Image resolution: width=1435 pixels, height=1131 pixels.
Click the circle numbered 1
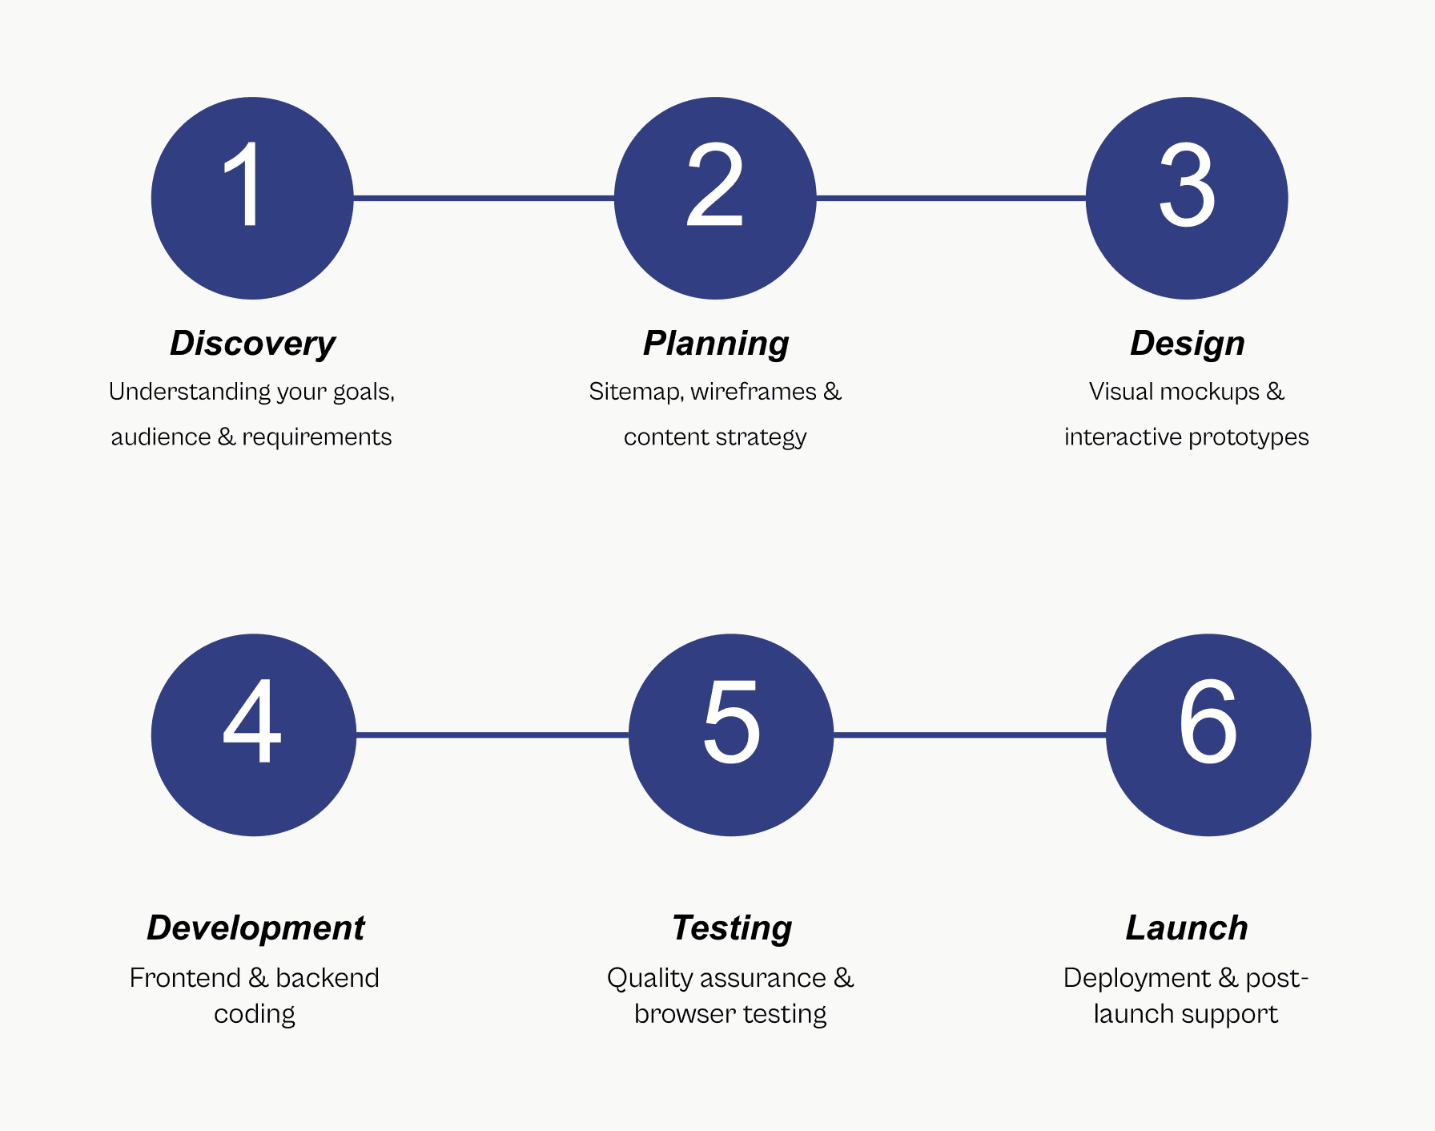(x=252, y=198)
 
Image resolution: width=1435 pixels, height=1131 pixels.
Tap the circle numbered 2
(x=715, y=198)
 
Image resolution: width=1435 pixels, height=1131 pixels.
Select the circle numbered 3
(x=1187, y=198)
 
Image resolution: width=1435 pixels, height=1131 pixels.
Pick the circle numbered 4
(x=253, y=735)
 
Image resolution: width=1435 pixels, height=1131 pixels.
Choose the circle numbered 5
(x=731, y=735)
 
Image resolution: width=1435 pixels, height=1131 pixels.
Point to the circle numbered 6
(x=1208, y=735)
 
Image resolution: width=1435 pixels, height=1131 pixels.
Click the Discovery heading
(x=252, y=344)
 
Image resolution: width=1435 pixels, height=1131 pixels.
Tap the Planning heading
(x=716, y=344)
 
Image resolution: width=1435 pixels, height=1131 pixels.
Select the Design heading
(x=1188, y=344)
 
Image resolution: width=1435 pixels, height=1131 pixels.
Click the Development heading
(x=255, y=928)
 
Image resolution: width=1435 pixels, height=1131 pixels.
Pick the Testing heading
(x=732, y=928)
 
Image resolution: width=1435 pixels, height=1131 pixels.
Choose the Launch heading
(x=1187, y=928)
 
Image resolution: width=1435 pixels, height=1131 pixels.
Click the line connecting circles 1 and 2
(x=484, y=198)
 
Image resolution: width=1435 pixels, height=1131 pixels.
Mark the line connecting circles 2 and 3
(x=951, y=198)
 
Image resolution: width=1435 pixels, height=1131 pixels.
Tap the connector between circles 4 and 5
(x=492, y=735)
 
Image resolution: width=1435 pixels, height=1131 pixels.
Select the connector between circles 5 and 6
(x=970, y=735)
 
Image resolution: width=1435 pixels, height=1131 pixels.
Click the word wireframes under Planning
(x=754, y=392)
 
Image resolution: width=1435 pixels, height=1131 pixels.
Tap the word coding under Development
(x=255, y=1015)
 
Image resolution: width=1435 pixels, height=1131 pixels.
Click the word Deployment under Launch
(x=1137, y=978)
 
